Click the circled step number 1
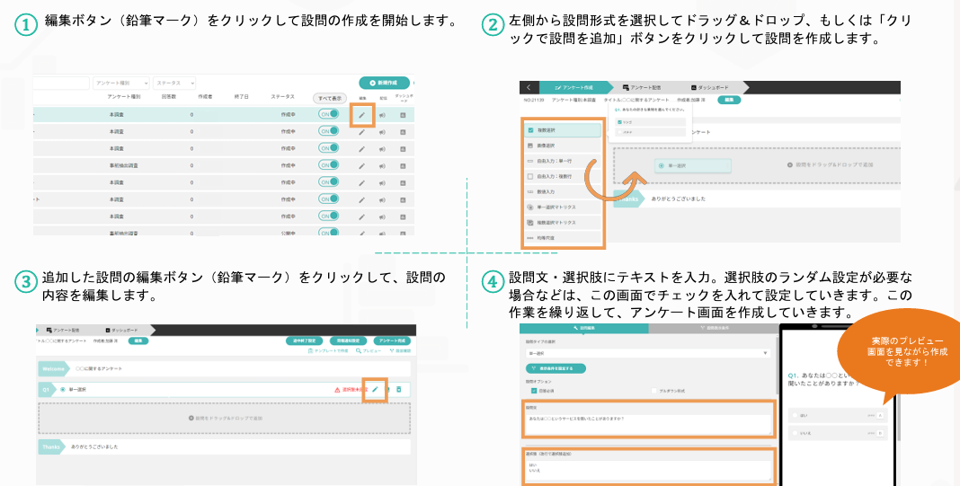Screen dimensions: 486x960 point(26,25)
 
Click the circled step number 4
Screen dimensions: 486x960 point(491,281)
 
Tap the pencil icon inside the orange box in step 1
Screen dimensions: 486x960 point(361,115)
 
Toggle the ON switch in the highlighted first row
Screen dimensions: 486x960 point(329,115)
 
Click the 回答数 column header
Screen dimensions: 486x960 point(168,96)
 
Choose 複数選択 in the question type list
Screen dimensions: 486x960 point(546,130)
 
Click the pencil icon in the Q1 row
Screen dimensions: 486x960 point(375,390)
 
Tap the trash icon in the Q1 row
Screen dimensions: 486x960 point(399,390)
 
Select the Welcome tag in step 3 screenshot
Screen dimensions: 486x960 point(55,368)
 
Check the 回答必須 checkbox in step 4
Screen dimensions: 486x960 point(535,391)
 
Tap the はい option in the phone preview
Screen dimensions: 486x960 point(837,415)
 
